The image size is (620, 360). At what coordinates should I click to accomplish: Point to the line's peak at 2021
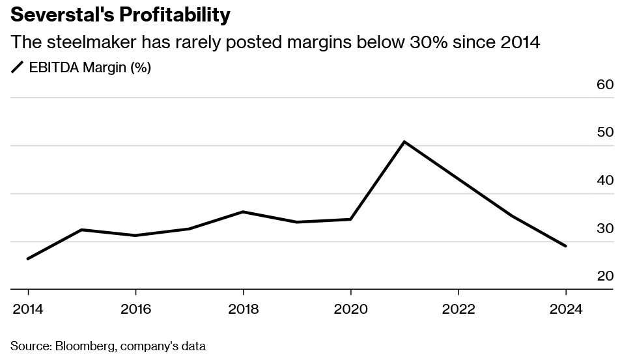[x=404, y=141]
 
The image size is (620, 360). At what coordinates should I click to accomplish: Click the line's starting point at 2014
[x=27, y=259]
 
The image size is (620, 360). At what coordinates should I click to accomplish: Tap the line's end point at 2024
[x=566, y=246]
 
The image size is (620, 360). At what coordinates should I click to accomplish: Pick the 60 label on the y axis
[x=605, y=85]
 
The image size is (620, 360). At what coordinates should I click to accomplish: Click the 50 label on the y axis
[x=605, y=132]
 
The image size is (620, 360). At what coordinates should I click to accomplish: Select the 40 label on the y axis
[x=605, y=180]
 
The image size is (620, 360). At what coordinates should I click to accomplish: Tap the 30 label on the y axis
[x=605, y=228]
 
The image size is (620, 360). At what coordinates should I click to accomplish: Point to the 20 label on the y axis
[x=605, y=276]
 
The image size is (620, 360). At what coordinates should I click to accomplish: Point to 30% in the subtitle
[x=426, y=43]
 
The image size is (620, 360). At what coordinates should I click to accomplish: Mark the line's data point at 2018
[x=243, y=212]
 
